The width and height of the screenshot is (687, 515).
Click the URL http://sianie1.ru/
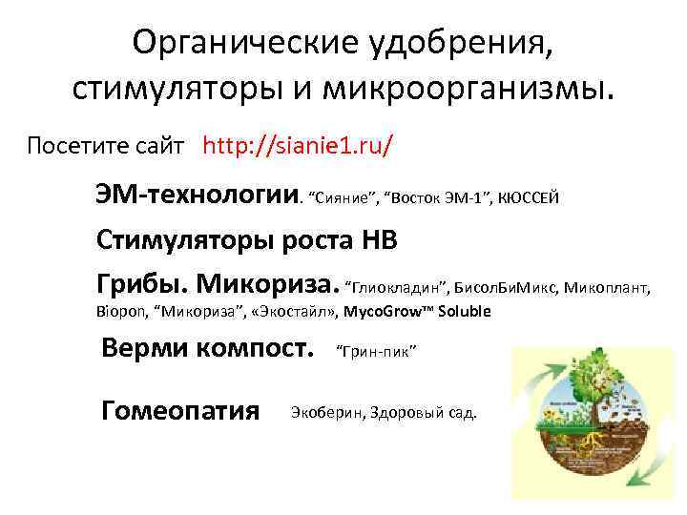(299, 146)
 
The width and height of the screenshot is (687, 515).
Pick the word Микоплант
(607, 286)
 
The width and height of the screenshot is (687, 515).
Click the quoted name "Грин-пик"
(376, 351)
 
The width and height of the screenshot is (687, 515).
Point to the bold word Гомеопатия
(180, 411)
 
